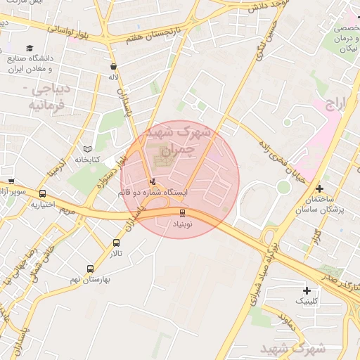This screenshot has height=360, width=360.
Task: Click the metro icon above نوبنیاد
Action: [183, 212]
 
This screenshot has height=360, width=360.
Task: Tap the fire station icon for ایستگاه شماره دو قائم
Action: [154, 181]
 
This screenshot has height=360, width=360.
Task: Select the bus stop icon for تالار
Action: [116, 243]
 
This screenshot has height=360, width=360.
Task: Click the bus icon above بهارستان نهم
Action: [90, 269]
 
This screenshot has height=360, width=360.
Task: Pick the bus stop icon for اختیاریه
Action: [43, 194]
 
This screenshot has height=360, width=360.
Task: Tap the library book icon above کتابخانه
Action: [87, 149]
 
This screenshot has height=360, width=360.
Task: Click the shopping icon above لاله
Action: [113, 67]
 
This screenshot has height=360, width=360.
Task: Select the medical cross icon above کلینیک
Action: [307, 290]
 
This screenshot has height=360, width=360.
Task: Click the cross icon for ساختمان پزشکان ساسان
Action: [320, 188]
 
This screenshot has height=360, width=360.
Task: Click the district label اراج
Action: [337, 105]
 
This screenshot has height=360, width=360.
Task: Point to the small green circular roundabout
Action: [283, 186]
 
